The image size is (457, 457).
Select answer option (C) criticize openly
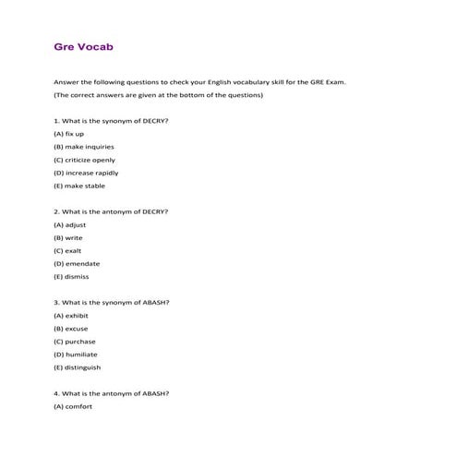84,159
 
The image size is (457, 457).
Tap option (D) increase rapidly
86,172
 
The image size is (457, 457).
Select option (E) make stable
79,185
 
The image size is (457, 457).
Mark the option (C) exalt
69,249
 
